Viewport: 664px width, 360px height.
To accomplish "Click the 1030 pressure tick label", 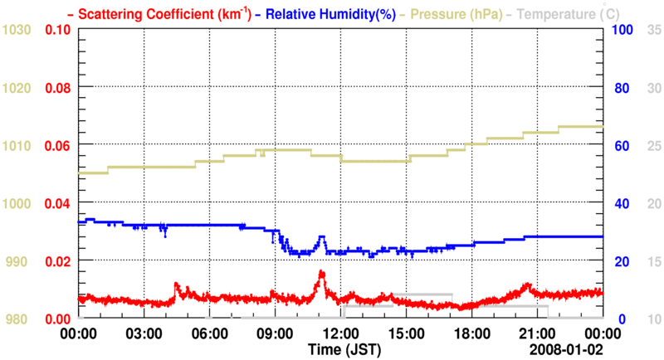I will [x=18, y=30].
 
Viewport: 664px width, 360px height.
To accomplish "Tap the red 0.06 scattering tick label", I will [x=57, y=145].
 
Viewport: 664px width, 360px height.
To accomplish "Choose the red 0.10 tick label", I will [x=57, y=30].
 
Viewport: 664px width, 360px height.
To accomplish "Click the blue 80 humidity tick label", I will [x=619, y=87].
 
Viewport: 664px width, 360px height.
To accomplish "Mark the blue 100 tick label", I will [x=622, y=30].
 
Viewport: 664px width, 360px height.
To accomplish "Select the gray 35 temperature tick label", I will [x=653, y=30].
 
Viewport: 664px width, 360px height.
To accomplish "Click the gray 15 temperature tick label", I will [x=653, y=261].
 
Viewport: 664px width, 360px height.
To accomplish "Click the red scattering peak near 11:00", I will [x=321, y=273].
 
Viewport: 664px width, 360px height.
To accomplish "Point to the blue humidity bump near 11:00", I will [x=321, y=238].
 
